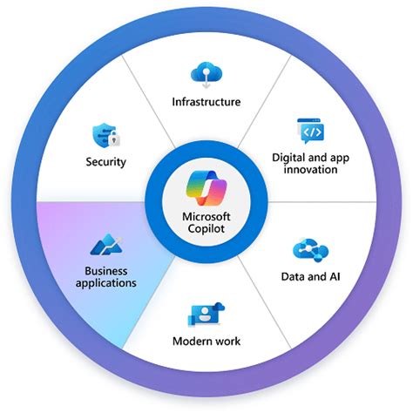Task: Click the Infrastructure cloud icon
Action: tap(206, 72)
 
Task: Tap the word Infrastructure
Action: tap(206, 102)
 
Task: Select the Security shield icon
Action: tap(104, 136)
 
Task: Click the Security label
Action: tap(106, 161)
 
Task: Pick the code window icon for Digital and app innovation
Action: tap(311, 131)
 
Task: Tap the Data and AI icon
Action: tap(309, 249)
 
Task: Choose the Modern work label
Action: tap(206, 342)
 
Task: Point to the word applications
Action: tap(105, 283)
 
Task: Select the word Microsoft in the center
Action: tap(206, 218)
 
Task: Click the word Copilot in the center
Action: tap(206, 230)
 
